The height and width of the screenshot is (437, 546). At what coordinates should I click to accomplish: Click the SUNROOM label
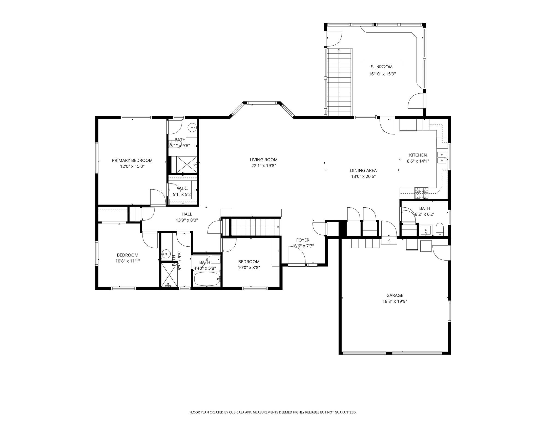381,67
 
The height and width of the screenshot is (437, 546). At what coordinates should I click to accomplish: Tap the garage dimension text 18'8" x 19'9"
394,301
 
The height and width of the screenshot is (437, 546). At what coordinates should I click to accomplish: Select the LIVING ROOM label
263,160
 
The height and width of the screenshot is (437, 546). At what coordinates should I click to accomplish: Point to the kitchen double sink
441,158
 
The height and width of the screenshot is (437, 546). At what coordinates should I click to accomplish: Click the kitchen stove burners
422,193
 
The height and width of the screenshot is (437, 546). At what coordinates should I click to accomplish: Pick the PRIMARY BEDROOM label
132,160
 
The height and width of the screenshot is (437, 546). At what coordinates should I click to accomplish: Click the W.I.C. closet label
182,188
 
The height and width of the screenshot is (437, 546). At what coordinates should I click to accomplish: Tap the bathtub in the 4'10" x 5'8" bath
207,279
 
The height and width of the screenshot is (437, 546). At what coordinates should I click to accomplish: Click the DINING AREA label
363,170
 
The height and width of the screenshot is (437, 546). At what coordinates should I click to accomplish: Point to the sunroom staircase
339,82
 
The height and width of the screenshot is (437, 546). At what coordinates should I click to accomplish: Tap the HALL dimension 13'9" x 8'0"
187,220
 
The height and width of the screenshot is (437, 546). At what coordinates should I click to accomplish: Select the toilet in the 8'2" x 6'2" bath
440,229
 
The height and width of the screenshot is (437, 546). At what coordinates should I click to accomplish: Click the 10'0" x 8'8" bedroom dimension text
249,267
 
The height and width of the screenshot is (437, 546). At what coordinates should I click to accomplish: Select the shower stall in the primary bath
186,164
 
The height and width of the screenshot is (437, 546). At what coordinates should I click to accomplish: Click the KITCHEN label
418,155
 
